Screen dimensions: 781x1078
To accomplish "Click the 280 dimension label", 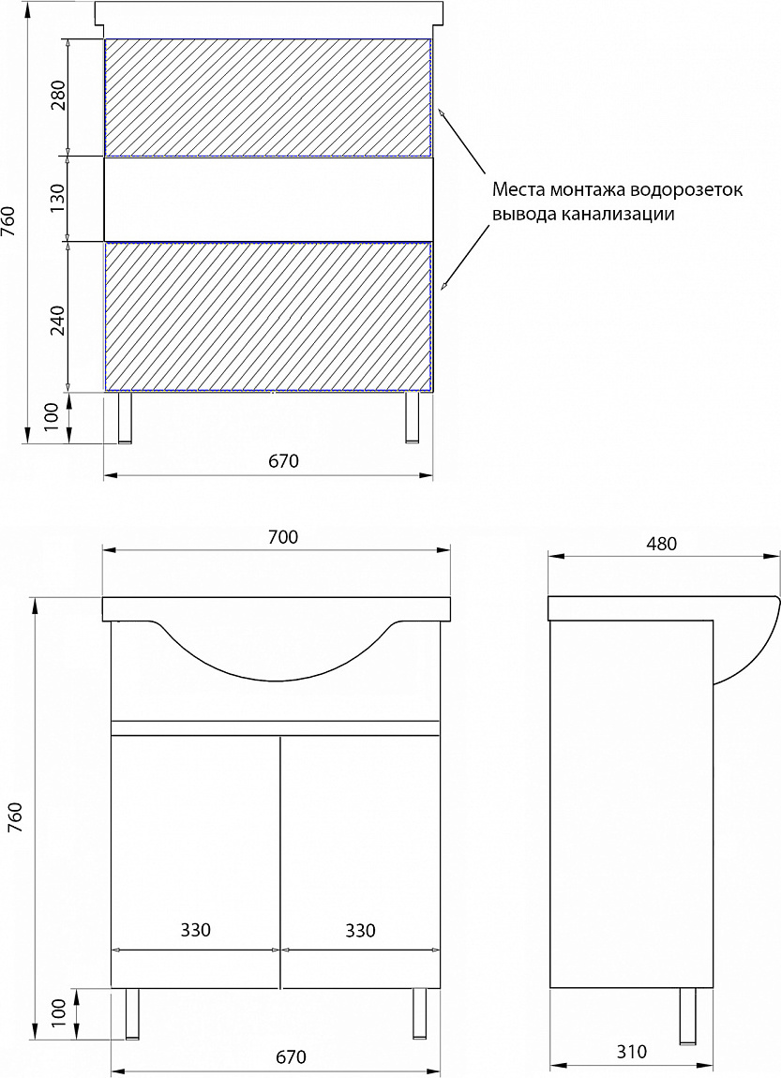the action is (57, 96).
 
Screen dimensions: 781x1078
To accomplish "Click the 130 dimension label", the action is (57, 198).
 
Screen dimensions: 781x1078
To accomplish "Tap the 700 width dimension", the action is (283, 537).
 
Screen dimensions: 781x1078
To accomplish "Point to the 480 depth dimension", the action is (661, 544).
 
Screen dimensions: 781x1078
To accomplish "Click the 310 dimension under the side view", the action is (631, 1051).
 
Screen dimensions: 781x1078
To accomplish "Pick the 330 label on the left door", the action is (195, 930).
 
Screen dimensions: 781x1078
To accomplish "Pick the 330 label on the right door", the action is (360, 930).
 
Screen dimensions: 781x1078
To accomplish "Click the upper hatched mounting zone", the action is (268, 97).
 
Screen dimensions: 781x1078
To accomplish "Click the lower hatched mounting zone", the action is (268, 316).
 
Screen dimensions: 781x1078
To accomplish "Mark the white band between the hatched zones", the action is (268, 199).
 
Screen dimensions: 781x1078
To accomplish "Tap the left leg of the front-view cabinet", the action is (132, 1013).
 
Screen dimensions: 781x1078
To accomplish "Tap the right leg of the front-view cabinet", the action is (419, 1013).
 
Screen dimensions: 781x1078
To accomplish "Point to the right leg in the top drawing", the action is (412, 417).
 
